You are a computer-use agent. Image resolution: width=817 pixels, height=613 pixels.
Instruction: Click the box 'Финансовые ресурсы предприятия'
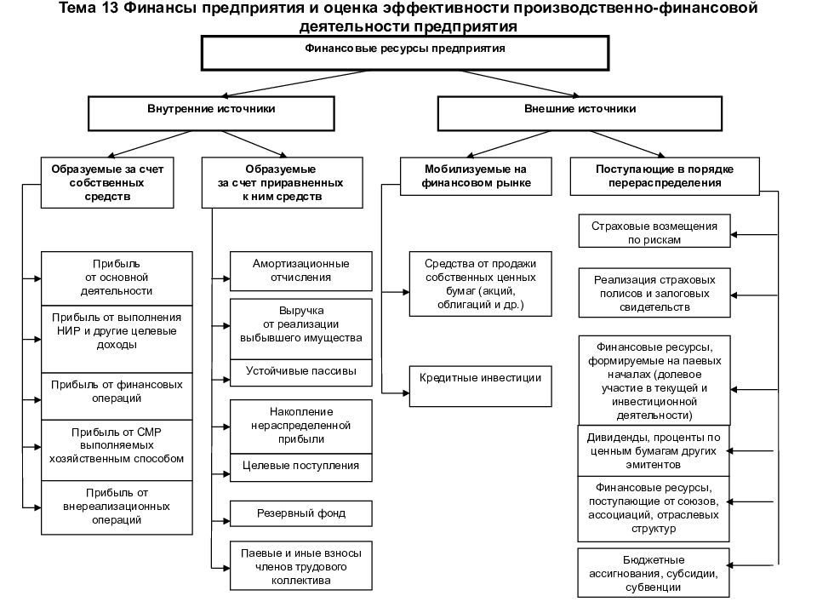click(405, 53)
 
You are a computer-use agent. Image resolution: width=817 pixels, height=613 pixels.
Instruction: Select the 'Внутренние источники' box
click(211, 113)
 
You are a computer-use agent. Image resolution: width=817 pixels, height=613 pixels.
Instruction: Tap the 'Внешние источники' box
click(580, 113)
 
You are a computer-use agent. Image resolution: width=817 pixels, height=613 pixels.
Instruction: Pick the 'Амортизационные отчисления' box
click(301, 271)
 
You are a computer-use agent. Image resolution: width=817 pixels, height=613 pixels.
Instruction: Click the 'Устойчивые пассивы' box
click(301, 373)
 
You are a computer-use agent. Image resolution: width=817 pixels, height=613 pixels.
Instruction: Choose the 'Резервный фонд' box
click(301, 513)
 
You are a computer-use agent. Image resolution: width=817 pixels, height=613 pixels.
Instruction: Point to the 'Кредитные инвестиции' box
click(480, 387)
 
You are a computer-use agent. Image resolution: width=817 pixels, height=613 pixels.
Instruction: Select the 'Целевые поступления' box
click(301, 467)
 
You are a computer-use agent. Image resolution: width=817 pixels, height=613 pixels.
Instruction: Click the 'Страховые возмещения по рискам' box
click(654, 231)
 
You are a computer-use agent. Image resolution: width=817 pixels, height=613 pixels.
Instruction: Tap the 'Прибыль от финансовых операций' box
click(117, 396)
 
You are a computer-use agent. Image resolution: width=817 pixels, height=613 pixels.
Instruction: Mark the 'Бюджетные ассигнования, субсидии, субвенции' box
click(654, 573)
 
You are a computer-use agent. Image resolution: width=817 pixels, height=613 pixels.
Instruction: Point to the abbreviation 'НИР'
click(68, 331)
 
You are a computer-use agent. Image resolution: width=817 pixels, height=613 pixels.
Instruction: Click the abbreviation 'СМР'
click(149, 433)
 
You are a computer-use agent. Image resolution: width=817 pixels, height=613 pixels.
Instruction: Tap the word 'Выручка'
click(301, 311)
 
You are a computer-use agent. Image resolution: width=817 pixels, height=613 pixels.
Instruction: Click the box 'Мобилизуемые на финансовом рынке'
click(476, 176)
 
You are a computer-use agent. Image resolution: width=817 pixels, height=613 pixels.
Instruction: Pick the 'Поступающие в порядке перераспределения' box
click(665, 176)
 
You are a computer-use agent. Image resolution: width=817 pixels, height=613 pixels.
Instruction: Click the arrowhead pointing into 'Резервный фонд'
click(226, 521)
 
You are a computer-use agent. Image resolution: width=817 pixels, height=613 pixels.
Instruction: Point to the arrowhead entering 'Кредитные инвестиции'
click(405, 393)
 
